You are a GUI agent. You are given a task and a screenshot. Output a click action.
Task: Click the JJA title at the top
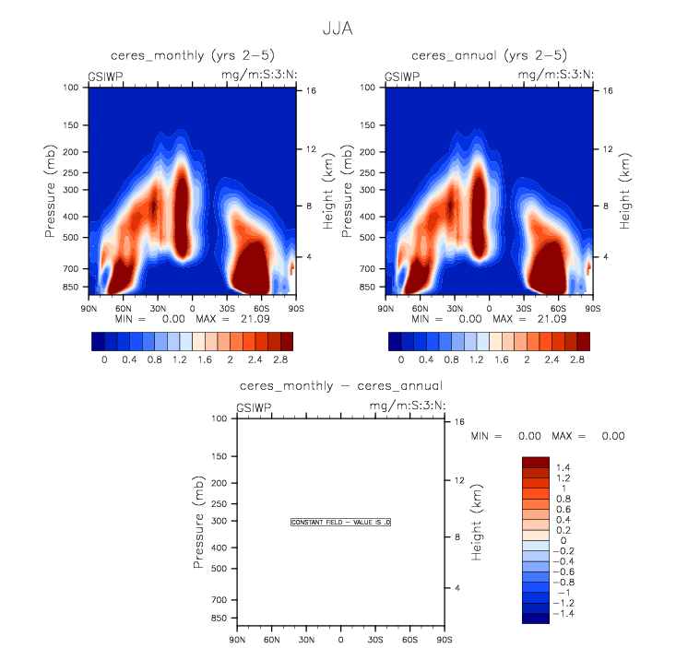click(338, 29)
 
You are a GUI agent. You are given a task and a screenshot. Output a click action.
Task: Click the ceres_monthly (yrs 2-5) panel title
click(192, 56)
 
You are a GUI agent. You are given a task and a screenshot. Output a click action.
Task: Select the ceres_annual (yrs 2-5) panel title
click(489, 56)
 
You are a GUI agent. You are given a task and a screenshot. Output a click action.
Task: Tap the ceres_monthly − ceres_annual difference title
click(340, 385)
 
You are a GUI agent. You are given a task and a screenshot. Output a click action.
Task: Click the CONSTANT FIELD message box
click(341, 523)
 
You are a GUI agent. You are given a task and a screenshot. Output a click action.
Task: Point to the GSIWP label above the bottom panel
click(253, 406)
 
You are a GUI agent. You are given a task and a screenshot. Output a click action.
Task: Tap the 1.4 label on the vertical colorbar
click(564, 468)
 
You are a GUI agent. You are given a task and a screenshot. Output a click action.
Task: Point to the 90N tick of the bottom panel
click(237, 640)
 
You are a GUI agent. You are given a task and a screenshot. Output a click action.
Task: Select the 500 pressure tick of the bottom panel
click(219, 569)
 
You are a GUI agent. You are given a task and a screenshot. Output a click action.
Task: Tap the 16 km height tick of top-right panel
click(608, 90)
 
